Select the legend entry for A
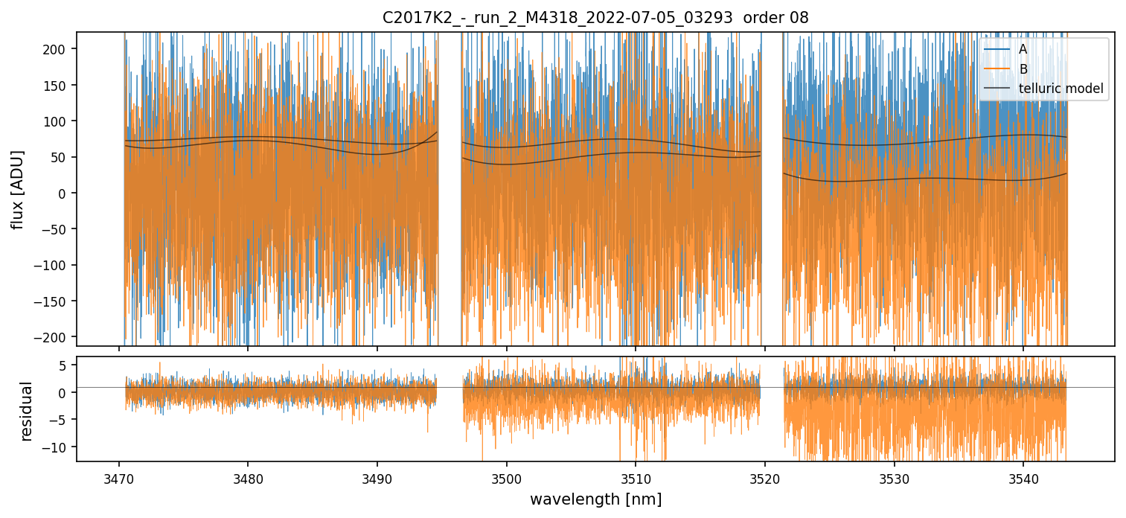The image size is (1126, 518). click(1023, 50)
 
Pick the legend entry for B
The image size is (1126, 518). click(1023, 70)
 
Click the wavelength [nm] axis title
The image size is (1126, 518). click(595, 499)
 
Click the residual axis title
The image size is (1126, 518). click(27, 410)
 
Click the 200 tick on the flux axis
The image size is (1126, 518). click(60, 49)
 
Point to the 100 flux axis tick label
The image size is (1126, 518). click(60, 121)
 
